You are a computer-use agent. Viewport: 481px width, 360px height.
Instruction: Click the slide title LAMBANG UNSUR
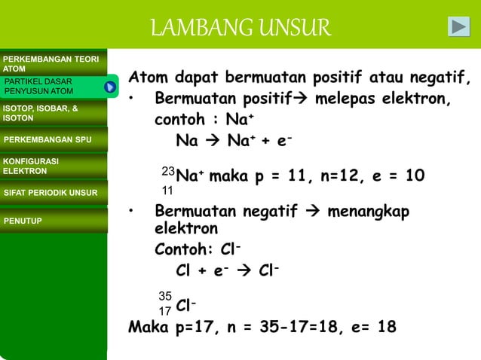240,28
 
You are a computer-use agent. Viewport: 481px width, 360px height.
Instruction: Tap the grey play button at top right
458,26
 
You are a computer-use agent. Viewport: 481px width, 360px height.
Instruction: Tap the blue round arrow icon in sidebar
110,87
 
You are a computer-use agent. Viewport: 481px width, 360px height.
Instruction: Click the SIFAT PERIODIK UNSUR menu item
51,193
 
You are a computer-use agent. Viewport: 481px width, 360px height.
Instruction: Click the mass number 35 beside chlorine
164,295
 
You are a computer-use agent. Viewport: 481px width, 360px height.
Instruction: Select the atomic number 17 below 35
164,310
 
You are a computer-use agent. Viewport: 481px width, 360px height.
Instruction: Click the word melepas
355,99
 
